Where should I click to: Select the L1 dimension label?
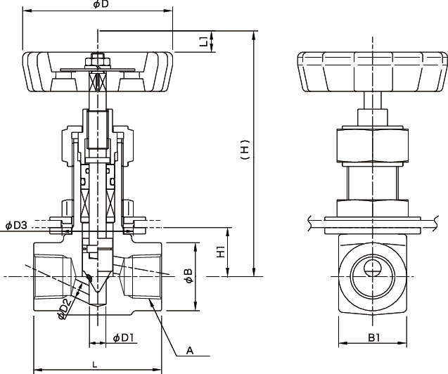[203, 41]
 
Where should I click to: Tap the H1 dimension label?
[221, 251]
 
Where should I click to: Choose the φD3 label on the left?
[16, 226]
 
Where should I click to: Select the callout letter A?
[189, 349]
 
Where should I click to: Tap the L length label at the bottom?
[95, 363]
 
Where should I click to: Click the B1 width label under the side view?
[373, 337]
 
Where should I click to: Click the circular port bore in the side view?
[373, 271]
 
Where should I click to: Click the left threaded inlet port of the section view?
[53, 276]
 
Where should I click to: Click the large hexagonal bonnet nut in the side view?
[373, 143]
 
